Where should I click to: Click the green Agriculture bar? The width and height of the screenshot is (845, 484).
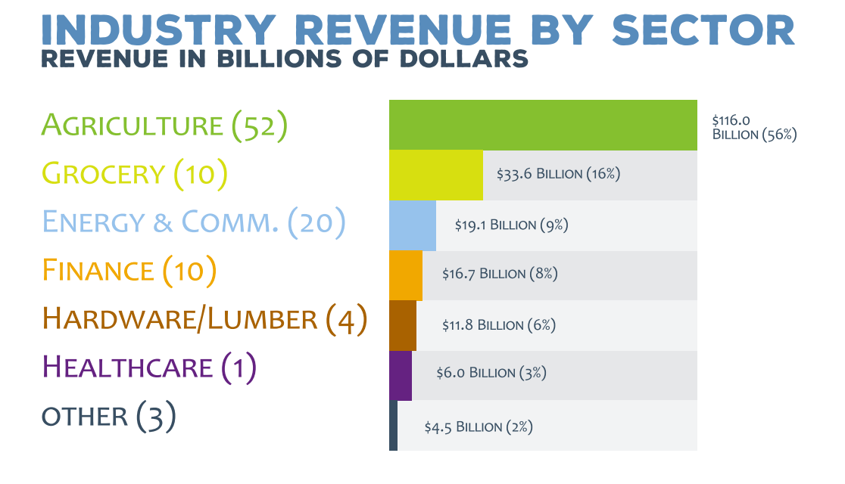pyautogui.click(x=542, y=125)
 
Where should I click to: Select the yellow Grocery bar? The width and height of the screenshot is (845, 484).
pyautogui.click(x=435, y=175)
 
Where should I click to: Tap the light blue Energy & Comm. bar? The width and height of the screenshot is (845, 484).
pyautogui.click(x=412, y=225)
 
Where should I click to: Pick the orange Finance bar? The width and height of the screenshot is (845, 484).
pyautogui.click(x=405, y=275)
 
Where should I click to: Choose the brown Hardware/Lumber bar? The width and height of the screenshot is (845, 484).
pyautogui.click(x=402, y=325)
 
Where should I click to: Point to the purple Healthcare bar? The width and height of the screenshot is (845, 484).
pyautogui.click(x=400, y=375)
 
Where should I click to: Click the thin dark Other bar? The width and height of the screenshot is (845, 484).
pyautogui.click(x=393, y=425)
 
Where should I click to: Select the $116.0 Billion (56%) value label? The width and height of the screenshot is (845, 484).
pyautogui.click(x=754, y=127)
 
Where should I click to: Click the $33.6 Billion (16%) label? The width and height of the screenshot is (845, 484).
pyautogui.click(x=558, y=174)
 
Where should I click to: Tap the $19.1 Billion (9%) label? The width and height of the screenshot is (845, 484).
pyautogui.click(x=511, y=225)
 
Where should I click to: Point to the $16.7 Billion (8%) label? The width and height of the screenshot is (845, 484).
pyautogui.click(x=500, y=274)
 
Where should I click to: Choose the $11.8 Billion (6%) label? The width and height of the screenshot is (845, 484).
pyautogui.click(x=499, y=325)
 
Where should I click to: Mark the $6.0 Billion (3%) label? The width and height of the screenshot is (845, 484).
pyautogui.click(x=491, y=373)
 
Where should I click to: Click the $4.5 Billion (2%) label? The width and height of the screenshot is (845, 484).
pyautogui.click(x=479, y=427)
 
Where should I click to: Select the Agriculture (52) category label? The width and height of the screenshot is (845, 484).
pyautogui.click(x=164, y=126)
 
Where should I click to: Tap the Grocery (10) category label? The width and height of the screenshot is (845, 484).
pyautogui.click(x=135, y=174)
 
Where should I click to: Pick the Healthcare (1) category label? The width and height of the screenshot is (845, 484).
pyautogui.click(x=149, y=368)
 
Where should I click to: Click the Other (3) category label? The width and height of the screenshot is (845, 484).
pyautogui.click(x=108, y=416)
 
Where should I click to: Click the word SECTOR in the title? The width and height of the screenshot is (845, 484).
pyautogui.click(x=703, y=30)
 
